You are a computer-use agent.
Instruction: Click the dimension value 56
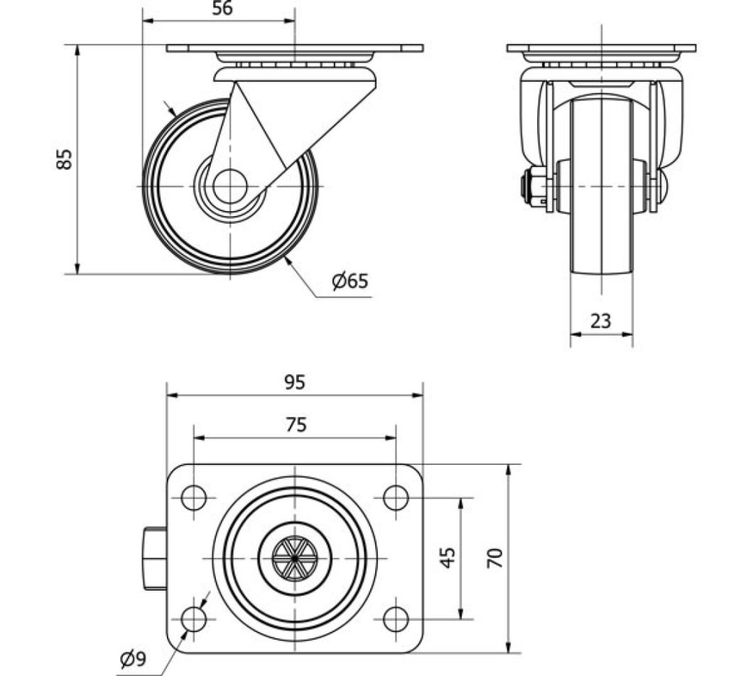click(222, 9)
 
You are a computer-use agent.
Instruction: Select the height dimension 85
click(65, 159)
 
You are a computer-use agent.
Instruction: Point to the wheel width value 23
click(601, 321)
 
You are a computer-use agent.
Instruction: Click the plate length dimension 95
click(295, 382)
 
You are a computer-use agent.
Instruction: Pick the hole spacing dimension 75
click(296, 424)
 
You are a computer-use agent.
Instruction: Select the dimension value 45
click(448, 557)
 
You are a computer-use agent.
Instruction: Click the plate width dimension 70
click(498, 557)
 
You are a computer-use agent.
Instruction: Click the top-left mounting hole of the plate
click(194, 498)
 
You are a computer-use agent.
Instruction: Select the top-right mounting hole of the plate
click(396, 498)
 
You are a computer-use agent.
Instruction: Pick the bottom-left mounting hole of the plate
click(194, 619)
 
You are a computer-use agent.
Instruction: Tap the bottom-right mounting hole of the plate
click(396, 619)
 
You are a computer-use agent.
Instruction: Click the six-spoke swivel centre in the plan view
click(295, 558)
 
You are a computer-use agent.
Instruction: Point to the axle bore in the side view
click(229, 186)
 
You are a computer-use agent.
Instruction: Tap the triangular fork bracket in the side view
click(284, 117)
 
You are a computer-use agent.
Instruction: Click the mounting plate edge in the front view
click(601, 48)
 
